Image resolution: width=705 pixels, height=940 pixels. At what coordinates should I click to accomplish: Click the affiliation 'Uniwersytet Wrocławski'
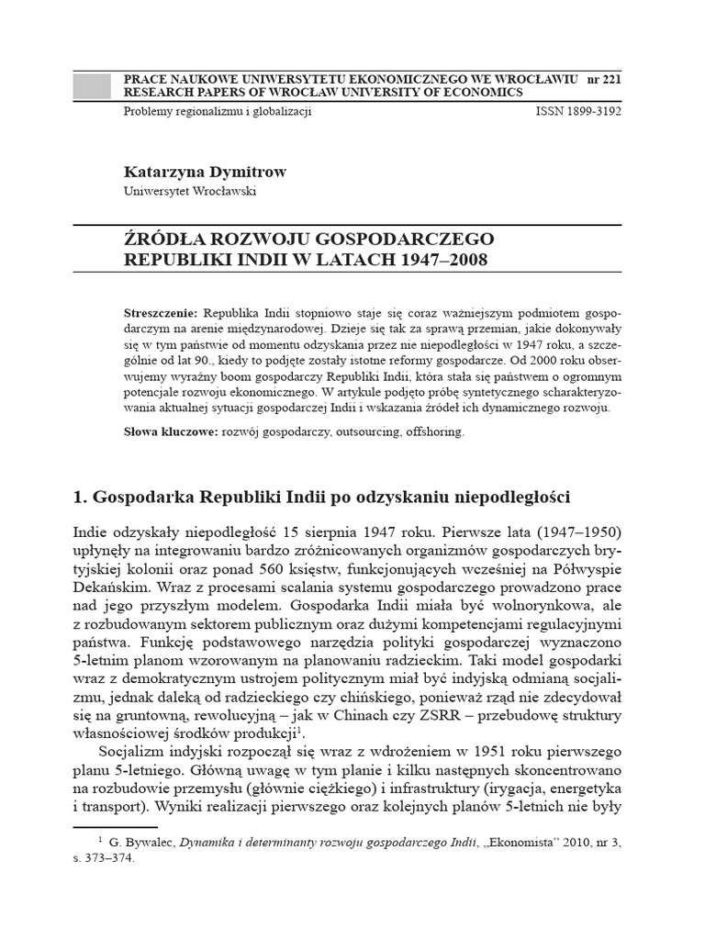pyautogui.click(x=190, y=191)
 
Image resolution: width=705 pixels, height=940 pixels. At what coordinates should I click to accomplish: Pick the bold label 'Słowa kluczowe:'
pyautogui.click(x=167, y=431)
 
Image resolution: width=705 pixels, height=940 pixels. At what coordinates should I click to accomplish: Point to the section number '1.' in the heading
pyautogui.click(x=80, y=498)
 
